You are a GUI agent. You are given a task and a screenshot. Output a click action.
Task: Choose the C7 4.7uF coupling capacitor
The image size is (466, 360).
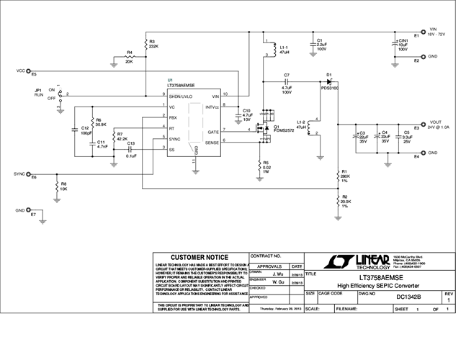coord(287,81)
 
